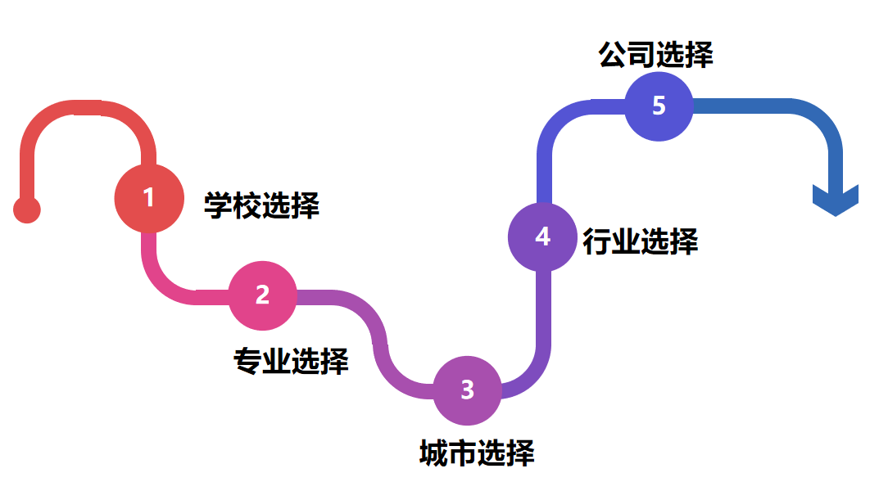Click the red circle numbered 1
tap(148, 198)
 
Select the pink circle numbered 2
tap(262, 295)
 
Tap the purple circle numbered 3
tap(467, 390)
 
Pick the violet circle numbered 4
tap(542, 236)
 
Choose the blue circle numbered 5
tap(659, 106)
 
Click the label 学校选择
tap(261, 205)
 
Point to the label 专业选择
tap(291, 360)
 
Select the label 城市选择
tap(477, 453)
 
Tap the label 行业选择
tap(640, 241)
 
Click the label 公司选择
tap(655, 55)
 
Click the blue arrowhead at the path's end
tap(835, 200)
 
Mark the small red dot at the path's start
tap(27, 209)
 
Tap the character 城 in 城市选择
tap(433, 453)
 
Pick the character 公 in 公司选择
tap(613, 55)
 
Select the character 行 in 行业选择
tap(597, 241)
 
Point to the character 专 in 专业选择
tap(247, 360)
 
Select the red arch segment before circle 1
tap(82, 109)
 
